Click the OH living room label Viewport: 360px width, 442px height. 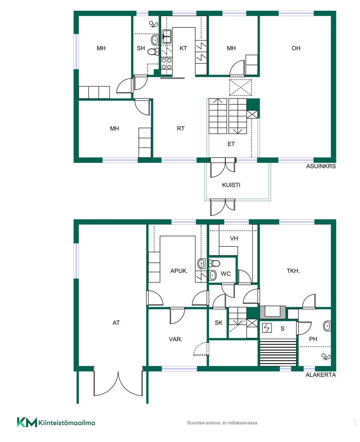coord(296,48)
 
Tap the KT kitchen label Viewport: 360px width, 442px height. coord(183,48)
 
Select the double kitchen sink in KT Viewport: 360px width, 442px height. coord(167,36)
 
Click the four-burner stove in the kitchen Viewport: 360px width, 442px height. coord(167,63)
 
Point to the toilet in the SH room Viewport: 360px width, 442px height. coord(153,52)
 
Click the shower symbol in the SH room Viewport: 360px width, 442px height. coord(154,24)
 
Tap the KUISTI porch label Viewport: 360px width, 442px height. coord(231,185)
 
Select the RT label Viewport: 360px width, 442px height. coord(181,128)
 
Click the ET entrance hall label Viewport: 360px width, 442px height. coord(231,144)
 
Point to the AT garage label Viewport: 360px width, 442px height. coord(116,323)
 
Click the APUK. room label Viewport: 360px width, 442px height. coord(179,271)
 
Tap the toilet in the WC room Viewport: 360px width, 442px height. coord(214,263)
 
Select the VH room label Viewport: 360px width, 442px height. coord(234,238)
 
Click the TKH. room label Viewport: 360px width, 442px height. coord(293,271)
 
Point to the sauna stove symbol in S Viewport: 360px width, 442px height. coord(267,328)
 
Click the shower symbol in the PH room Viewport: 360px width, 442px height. coord(326,357)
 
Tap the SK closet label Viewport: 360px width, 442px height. coord(218,323)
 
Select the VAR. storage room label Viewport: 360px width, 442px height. coord(175,339)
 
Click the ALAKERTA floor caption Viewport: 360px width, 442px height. coord(321,375)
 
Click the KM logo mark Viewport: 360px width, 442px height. coord(27,422)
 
